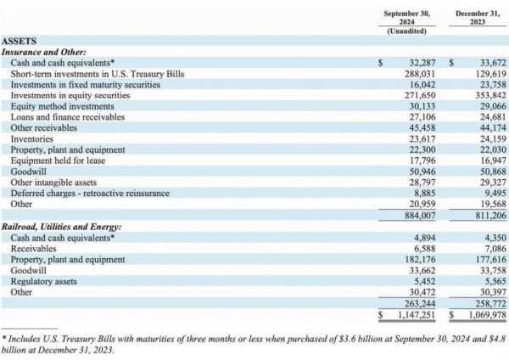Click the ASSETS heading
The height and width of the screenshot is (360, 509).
20,42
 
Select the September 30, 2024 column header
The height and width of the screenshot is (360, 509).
406,18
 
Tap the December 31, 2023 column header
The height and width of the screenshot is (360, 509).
478,18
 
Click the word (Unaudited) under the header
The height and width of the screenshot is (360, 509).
406,31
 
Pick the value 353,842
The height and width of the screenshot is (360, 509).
491,96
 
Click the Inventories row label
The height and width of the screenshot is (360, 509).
32,139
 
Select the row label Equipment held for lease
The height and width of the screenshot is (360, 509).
58,160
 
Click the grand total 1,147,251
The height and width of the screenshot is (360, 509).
417,315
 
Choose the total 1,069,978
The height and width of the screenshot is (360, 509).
488,315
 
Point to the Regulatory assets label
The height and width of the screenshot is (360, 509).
44,281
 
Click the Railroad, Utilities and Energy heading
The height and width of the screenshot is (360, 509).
61,227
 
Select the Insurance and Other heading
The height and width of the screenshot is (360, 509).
44,52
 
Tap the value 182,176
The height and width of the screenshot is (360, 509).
420,260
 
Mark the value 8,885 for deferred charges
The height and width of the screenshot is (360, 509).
425,194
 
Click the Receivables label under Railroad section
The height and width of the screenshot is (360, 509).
33,249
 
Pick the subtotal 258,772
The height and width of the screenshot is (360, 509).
491,304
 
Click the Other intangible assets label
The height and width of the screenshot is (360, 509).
53,183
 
